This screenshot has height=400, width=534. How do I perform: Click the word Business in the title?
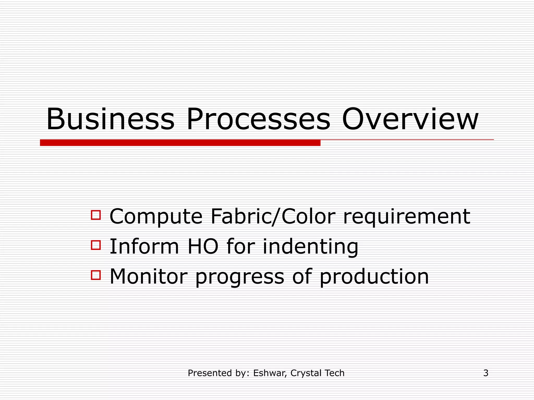click(x=110, y=119)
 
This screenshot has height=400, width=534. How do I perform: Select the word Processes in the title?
click(x=258, y=119)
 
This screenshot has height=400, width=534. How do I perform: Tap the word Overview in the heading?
click(x=410, y=119)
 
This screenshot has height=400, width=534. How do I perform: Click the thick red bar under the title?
click(x=180, y=143)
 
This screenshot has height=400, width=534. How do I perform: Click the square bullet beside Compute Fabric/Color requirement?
click(x=96, y=215)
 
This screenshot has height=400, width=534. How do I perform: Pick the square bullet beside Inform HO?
click(x=96, y=245)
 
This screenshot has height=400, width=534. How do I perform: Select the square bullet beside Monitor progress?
click(x=96, y=275)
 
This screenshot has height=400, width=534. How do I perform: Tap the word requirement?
click(x=407, y=217)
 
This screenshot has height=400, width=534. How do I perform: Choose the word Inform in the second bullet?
click(x=144, y=246)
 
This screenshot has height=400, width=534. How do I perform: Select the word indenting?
click(x=310, y=247)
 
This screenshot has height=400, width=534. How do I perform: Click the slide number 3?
click(x=486, y=373)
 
